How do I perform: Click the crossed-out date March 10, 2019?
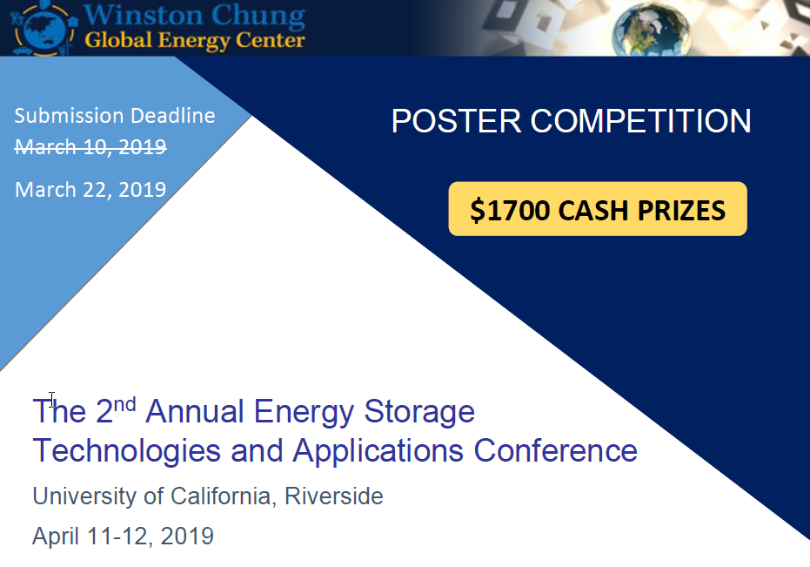click(x=90, y=146)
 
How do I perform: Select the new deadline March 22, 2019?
click(x=90, y=189)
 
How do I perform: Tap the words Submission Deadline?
click(x=114, y=116)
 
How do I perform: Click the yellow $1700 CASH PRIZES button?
click(x=597, y=209)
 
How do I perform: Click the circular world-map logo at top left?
click(x=40, y=27)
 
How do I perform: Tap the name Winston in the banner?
click(x=142, y=16)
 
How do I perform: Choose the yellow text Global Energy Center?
click(x=195, y=40)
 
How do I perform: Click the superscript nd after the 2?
click(x=126, y=403)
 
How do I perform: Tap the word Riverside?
click(x=333, y=496)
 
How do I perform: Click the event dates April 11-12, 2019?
click(x=123, y=536)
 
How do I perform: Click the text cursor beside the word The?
click(x=52, y=400)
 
